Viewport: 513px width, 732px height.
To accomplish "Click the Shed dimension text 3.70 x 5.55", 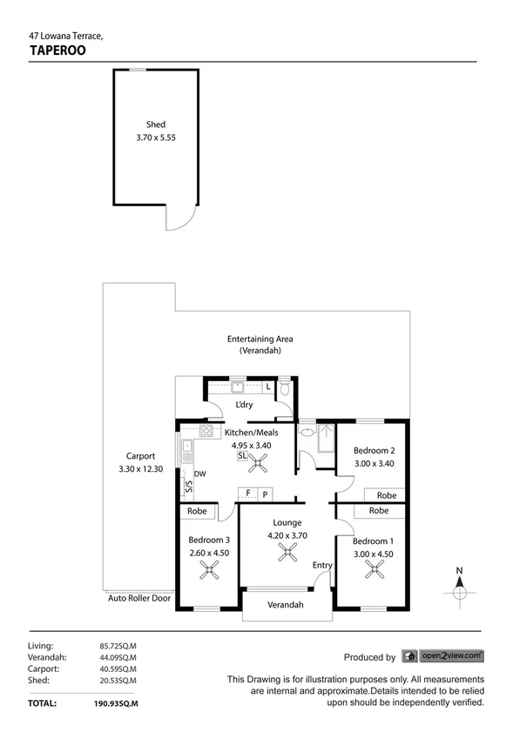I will pyautogui.click(x=156, y=138).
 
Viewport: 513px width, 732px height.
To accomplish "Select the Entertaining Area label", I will pyautogui.click(x=260, y=339).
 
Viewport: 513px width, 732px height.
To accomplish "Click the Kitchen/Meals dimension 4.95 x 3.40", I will pyautogui.click(x=251, y=445).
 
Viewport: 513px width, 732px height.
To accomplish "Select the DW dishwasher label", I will pyautogui.click(x=199, y=474).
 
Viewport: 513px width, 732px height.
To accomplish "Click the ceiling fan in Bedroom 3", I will pyautogui.click(x=209, y=570).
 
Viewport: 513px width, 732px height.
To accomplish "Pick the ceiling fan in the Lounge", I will pyautogui.click(x=287, y=554).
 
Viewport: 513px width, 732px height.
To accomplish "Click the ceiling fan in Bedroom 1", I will pyautogui.click(x=374, y=570).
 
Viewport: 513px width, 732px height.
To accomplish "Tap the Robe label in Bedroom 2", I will pyautogui.click(x=387, y=495).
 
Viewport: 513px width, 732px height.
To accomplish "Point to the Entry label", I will pyautogui.click(x=322, y=566).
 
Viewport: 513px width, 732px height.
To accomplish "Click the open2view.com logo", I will pyautogui.click(x=452, y=656).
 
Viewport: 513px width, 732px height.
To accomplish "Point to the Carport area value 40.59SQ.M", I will pyautogui.click(x=118, y=669).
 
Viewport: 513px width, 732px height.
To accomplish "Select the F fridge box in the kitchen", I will pyautogui.click(x=248, y=494).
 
